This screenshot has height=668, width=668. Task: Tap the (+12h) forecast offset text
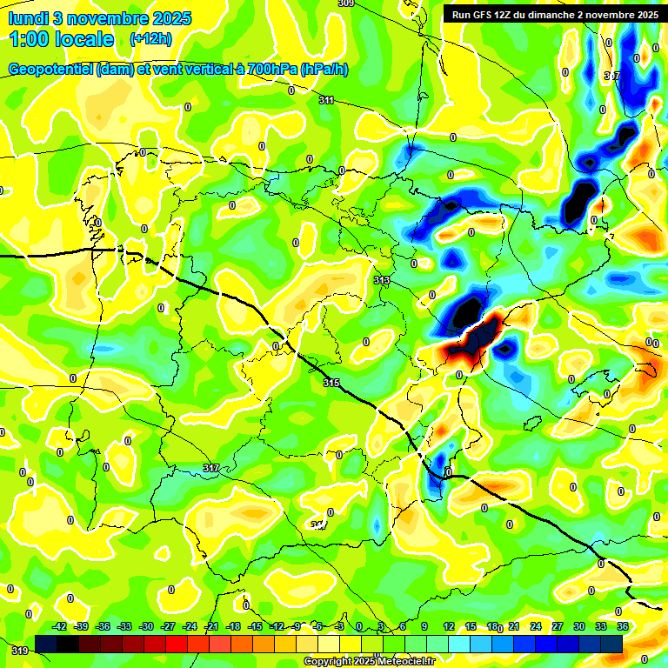click(150, 39)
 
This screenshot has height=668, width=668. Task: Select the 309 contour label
click(345, 3)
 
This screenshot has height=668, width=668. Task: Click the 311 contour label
click(326, 101)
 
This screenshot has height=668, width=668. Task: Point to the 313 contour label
click(381, 280)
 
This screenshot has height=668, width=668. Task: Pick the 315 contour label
click(331, 383)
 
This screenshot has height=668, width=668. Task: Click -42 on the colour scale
click(59, 626)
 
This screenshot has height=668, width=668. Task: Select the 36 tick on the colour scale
click(622, 626)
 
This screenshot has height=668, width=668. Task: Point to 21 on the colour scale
click(513, 626)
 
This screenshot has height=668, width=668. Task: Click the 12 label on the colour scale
click(449, 626)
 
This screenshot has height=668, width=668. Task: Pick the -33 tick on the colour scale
click(124, 626)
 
